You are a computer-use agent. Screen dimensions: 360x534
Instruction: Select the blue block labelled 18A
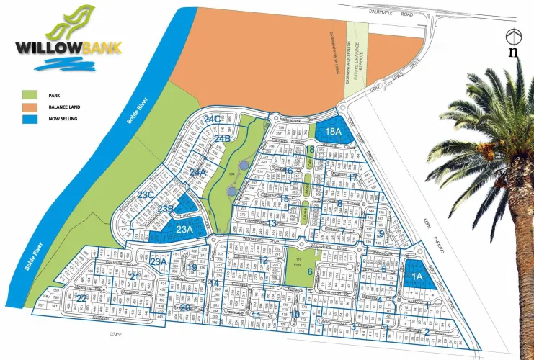click(x=332, y=132)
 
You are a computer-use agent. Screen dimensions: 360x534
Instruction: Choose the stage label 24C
click(x=212, y=119)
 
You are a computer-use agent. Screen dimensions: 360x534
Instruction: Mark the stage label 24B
click(x=222, y=138)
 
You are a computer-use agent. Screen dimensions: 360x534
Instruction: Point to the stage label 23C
click(x=146, y=195)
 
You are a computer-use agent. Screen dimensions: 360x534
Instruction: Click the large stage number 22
click(x=82, y=297)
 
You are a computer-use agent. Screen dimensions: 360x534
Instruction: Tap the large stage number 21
click(x=133, y=276)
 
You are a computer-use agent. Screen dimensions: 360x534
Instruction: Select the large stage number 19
click(x=192, y=268)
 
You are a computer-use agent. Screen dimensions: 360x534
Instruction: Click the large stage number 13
click(x=271, y=224)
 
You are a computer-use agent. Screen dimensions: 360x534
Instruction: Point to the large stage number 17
click(x=352, y=178)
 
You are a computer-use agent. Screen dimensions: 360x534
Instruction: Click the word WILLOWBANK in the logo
click(x=68, y=48)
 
